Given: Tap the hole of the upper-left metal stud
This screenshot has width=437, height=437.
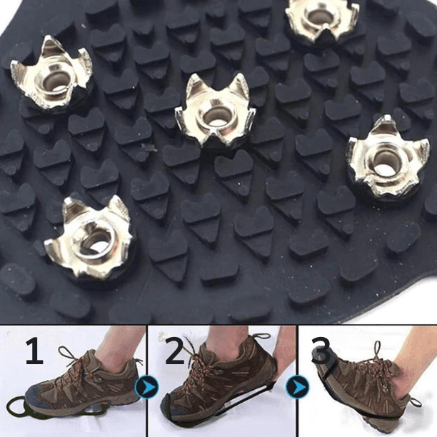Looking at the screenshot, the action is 54,83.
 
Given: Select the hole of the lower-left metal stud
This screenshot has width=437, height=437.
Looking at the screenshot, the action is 96,241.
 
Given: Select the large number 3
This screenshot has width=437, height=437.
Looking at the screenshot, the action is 321,351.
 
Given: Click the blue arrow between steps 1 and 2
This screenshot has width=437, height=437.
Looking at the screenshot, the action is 146,387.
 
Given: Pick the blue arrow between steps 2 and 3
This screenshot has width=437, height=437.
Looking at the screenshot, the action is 298,387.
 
